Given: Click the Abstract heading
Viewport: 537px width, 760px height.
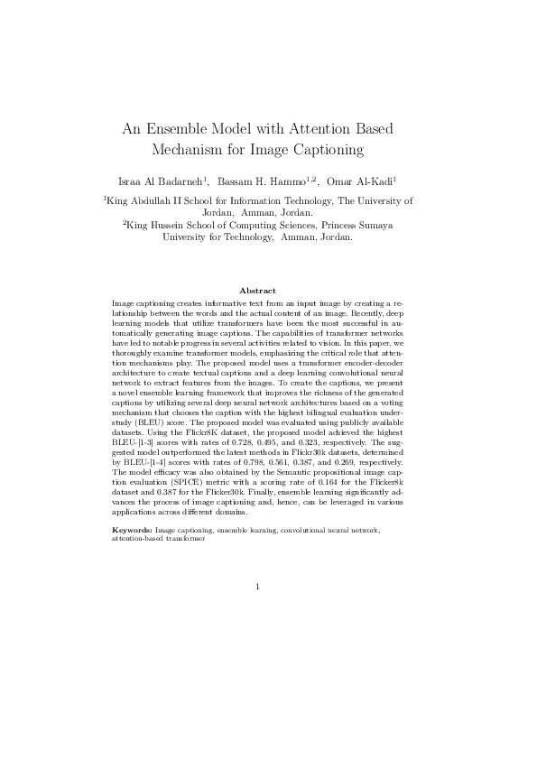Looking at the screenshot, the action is pyautogui.click(x=257, y=291).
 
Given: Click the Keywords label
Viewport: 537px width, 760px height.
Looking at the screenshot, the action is pyautogui.click(x=132, y=529).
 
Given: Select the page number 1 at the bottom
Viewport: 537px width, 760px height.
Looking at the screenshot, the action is pyautogui.click(x=257, y=588).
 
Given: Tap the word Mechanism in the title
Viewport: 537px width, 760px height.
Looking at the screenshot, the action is pyautogui.click(x=192, y=149).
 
